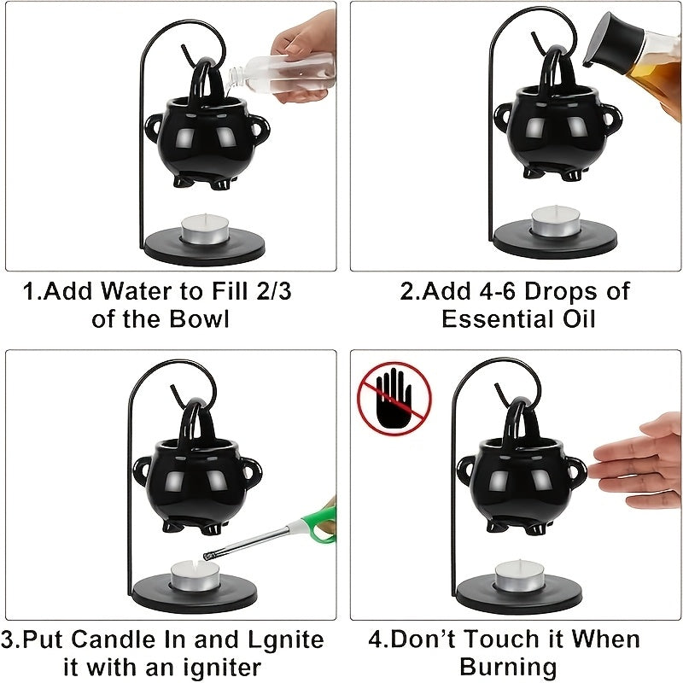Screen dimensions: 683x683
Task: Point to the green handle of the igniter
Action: pyautogui.click(x=324, y=527)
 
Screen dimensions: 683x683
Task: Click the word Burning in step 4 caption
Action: pyautogui.click(x=508, y=666)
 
